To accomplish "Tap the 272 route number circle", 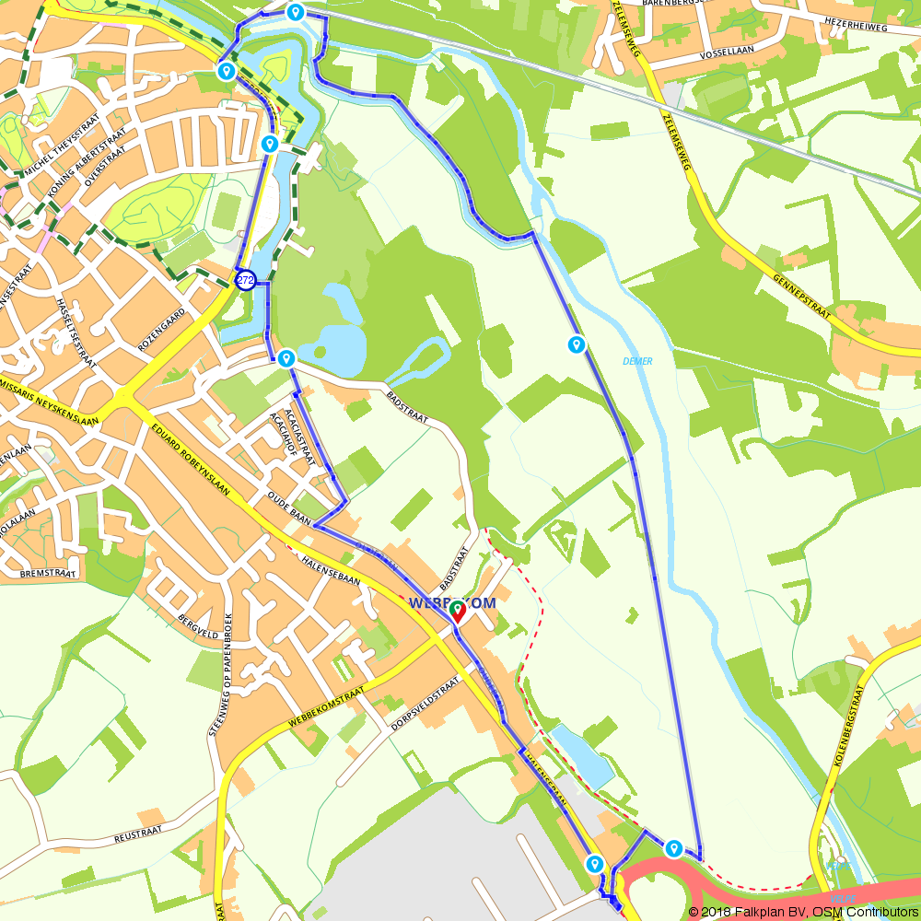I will [246, 280].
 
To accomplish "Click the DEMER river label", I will [636, 361].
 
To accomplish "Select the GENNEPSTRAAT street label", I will [802, 295].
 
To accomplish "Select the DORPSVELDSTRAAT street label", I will [425, 706].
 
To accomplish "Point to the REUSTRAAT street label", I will [138, 835].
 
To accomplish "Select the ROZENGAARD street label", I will [161, 330].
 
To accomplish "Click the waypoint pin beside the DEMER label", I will [577, 344].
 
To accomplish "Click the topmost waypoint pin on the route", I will [295, 12].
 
